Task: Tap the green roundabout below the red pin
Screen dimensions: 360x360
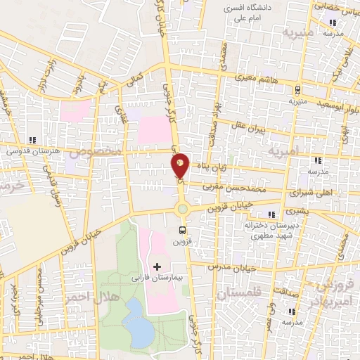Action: point(182,207)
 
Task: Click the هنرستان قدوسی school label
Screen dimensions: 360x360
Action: point(31,150)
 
